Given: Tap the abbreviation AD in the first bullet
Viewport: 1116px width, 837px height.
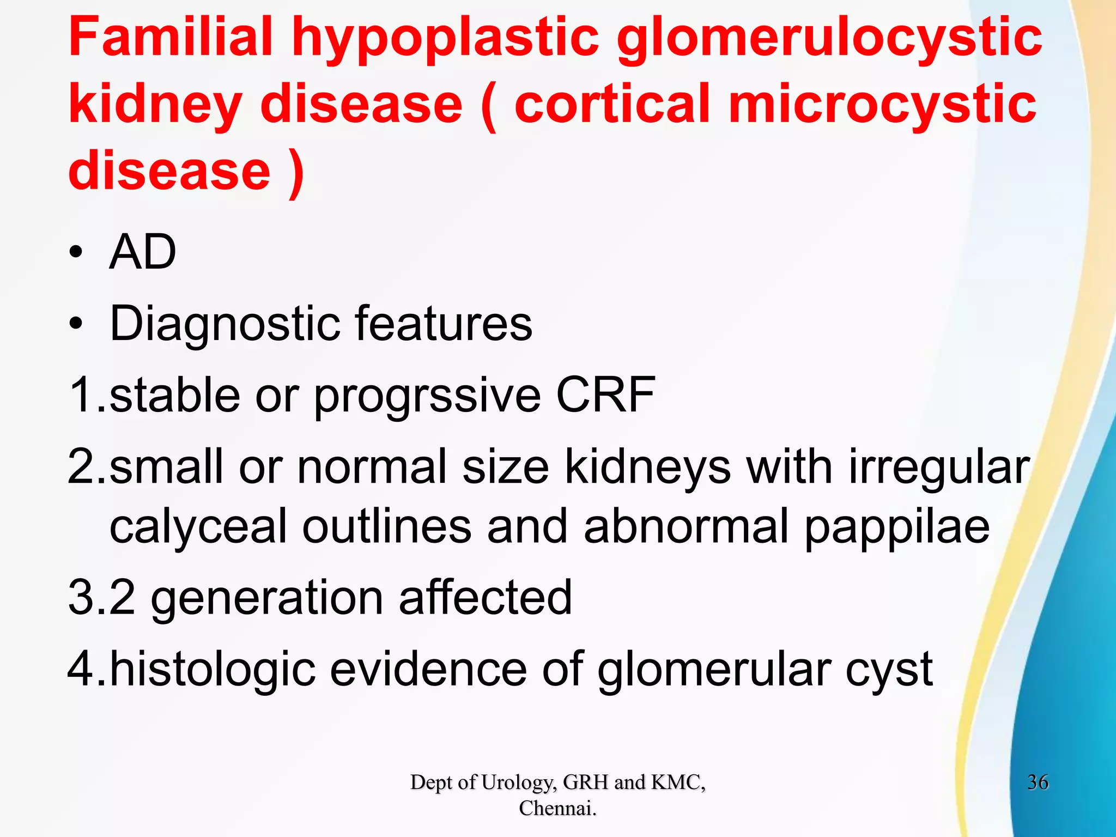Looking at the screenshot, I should pyautogui.click(x=143, y=252).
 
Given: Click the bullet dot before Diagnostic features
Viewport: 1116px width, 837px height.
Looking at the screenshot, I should pyautogui.click(x=76, y=324).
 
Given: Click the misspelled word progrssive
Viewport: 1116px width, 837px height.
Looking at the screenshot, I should pyautogui.click(x=427, y=396).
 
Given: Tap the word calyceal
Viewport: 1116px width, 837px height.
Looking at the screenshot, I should pyautogui.click(x=198, y=527).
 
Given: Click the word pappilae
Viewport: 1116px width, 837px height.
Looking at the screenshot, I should pyautogui.click(x=896, y=528).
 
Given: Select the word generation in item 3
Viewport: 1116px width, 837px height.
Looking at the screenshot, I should pyautogui.click(x=267, y=598).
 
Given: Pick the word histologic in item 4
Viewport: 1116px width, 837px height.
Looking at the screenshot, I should pyautogui.click(x=213, y=670).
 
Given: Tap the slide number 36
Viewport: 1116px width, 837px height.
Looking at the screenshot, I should pyautogui.click(x=1038, y=783).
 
